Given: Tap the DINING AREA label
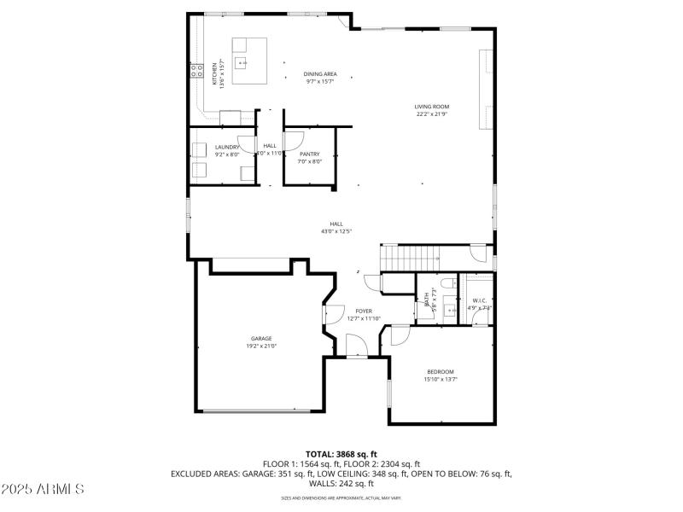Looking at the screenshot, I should click(318, 74).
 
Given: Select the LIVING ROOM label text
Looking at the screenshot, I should click(432, 107).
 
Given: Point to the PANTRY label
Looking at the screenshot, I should click(309, 154).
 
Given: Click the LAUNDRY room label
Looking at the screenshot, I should click(227, 147).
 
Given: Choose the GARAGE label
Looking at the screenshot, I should click(261, 339).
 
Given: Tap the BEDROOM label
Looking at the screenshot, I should click(441, 371).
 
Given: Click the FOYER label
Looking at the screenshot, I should click(364, 311).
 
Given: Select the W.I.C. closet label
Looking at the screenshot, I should click(479, 300).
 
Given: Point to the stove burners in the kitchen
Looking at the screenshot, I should click(195, 68).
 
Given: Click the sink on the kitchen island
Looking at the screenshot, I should click(243, 62).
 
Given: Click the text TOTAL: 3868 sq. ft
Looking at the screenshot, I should click(341, 453).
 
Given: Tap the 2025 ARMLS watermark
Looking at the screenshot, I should click(43, 490).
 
